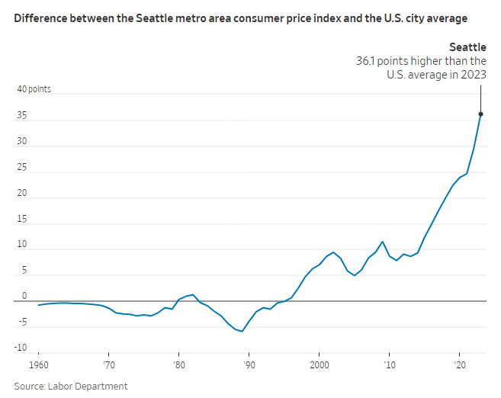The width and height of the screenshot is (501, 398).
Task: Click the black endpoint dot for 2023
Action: tap(480, 114)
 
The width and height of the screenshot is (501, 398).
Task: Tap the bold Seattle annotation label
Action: tap(467, 47)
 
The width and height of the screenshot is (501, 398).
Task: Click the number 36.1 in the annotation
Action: tap(368, 61)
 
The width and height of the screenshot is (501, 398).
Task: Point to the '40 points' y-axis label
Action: tap(34, 89)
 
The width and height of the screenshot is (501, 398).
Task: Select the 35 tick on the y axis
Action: tap(22, 116)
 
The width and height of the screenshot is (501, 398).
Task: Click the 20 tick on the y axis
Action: tap(22, 193)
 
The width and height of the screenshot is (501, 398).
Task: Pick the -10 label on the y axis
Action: tap(21, 348)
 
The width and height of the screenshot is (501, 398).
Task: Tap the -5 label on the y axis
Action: tap(22, 323)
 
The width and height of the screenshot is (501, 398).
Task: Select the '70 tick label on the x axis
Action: tap(108, 364)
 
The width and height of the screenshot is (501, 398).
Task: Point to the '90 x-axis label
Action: tap(249, 364)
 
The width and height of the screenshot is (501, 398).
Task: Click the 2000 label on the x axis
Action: tap(320, 364)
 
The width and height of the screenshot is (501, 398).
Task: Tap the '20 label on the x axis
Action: tap(459, 364)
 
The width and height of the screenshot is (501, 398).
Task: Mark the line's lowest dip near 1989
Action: tap(242, 332)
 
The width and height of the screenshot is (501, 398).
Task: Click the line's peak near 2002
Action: tap(333, 252)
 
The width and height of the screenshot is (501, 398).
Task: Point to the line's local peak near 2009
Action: tap(382, 242)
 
